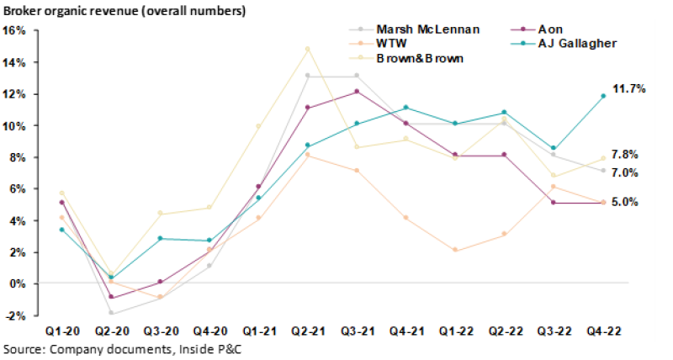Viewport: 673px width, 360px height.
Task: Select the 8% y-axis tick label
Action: (x=18, y=157)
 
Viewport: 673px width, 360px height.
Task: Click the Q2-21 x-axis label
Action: (x=307, y=332)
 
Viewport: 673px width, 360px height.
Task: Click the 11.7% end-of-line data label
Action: (x=629, y=88)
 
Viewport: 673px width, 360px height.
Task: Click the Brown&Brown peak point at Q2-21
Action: (x=307, y=49)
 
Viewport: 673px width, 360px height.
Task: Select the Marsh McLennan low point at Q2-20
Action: (x=110, y=313)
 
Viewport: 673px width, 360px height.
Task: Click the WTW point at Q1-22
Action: (x=454, y=250)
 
